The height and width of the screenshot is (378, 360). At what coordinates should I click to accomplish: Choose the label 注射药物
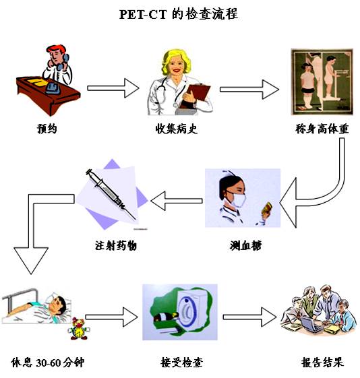[117, 245]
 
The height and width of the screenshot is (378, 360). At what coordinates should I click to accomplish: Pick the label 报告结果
[322, 363]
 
